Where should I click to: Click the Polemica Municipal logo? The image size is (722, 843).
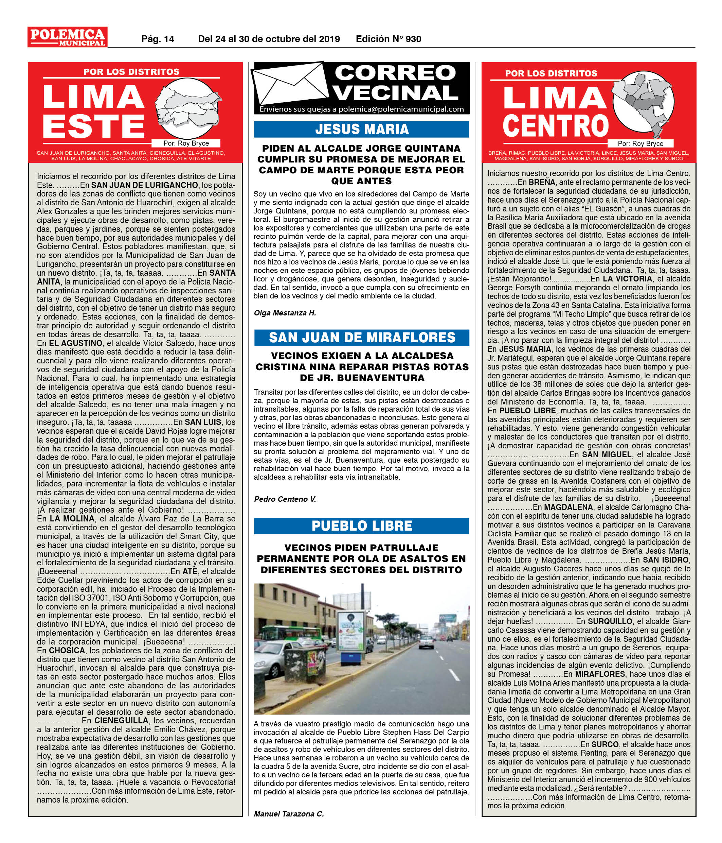click(x=68, y=37)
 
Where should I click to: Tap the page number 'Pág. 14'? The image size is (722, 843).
click(x=157, y=39)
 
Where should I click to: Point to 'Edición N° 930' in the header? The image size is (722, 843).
click(x=388, y=39)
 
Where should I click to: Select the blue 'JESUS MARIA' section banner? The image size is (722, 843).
click(x=361, y=130)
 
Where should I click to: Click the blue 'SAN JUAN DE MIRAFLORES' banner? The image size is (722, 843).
click(x=361, y=337)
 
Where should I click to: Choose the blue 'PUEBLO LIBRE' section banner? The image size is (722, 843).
click(x=361, y=526)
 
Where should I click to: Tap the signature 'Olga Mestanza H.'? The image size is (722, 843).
click(x=285, y=313)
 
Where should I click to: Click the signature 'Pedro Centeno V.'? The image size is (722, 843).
click(x=285, y=499)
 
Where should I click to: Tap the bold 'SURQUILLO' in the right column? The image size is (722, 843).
click(x=610, y=621)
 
